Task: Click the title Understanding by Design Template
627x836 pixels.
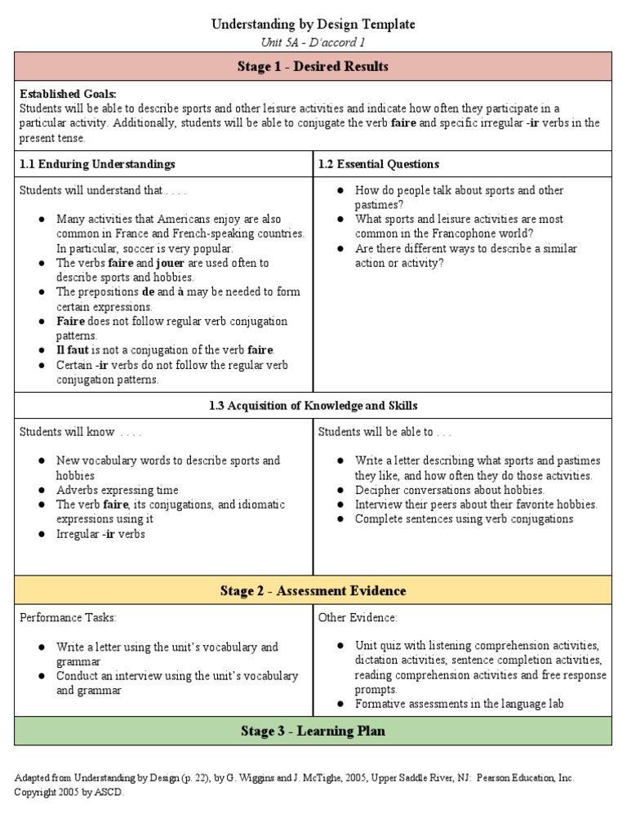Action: tap(313, 24)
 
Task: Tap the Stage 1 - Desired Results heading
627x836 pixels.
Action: tap(313, 66)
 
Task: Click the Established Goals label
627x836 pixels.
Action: tap(68, 94)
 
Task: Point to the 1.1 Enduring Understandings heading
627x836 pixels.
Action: tap(97, 164)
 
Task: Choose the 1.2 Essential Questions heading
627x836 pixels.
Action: tap(379, 164)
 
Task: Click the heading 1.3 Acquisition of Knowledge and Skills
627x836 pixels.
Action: tap(313, 405)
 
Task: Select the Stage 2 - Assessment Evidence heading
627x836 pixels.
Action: tap(313, 590)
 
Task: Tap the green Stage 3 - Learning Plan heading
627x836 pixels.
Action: tap(313, 731)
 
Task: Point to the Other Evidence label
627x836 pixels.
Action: tap(358, 618)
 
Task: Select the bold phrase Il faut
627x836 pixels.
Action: tap(72, 350)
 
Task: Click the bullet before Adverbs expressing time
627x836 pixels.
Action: tap(41, 491)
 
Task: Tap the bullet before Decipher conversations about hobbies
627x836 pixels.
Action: tap(340, 491)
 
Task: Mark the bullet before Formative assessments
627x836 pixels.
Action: tap(340, 705)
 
